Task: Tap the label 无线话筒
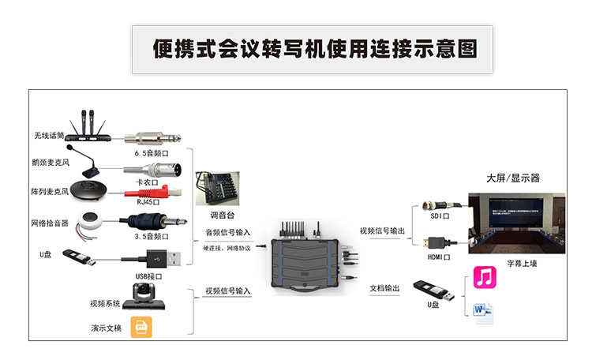(49, 135)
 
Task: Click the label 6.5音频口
(152, 152)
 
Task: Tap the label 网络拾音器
(49, 223)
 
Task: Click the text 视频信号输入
(227, 291)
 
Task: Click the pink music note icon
(483, 276)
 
